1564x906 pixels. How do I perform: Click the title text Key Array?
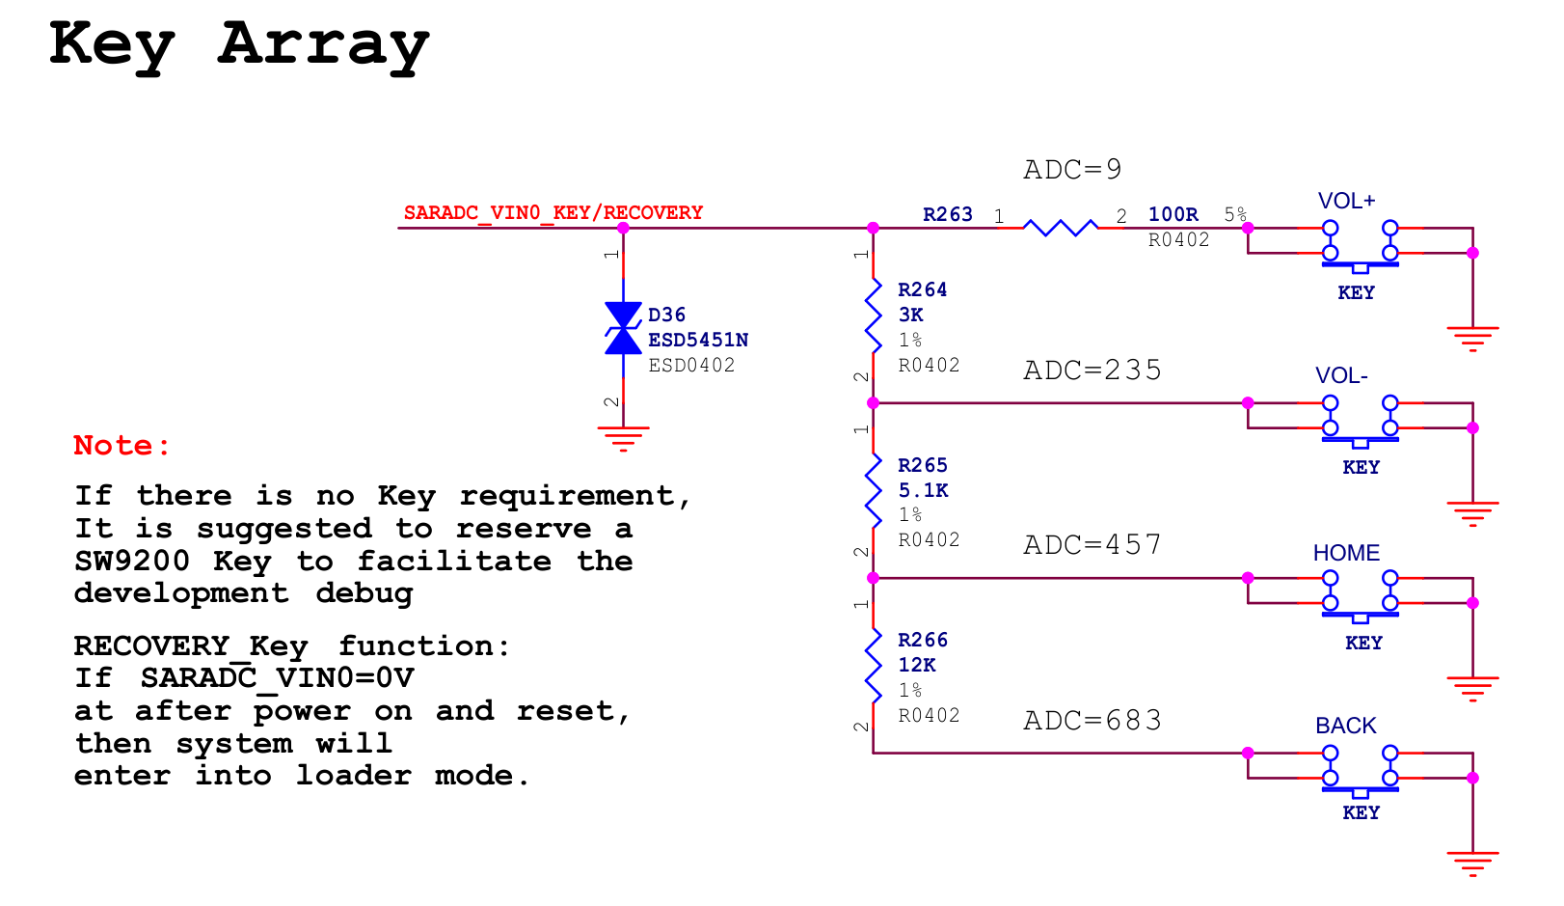pyautogui.click(x=238, y=45)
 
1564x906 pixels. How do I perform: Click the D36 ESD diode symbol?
pyautogui.click(x=623, y=328)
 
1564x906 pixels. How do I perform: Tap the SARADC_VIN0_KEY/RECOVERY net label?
pyautogui.click(x=553, y=212)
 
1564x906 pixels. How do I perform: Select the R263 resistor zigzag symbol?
pyautogui.click(x=1060, y=228)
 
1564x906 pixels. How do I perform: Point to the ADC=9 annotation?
pyautogui.click(x=1072, y=170)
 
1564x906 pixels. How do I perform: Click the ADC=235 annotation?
pyautogui.click(x=1092, y=371)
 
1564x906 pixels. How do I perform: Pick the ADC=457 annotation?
pyautogui.click(x=1092, y=545)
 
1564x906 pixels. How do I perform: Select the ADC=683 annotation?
pyautogui.click(x=1092, y=721)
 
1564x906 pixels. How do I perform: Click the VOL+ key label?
pyautogui.click(x=1346, y=201)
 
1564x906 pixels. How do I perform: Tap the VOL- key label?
pyautogui.click(x=1341, y=375)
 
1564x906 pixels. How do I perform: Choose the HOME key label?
pyautogui.click(x=1346, y=553)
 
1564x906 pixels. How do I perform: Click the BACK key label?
pyautogui.click(x=1345, y=726)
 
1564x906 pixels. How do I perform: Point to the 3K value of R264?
pyautogui.click(x=910, y=315)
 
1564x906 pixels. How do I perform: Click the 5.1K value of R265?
pyautogui.click(x=923, y=490)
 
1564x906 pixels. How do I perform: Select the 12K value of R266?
pyautogui.click(x=916, y=665)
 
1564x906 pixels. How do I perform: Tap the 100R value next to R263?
pyautogui.click(x=1173, y=214)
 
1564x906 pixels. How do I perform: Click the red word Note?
pyautogui.click(x=121, y=446)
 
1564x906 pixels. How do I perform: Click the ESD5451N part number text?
pyautogui.click(x=697, y=340)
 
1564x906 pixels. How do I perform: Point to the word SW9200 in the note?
pyautogui.click(x=132, y=562)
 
